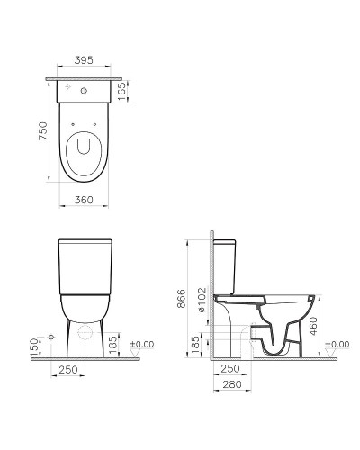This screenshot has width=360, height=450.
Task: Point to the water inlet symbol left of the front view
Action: [52, 335]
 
